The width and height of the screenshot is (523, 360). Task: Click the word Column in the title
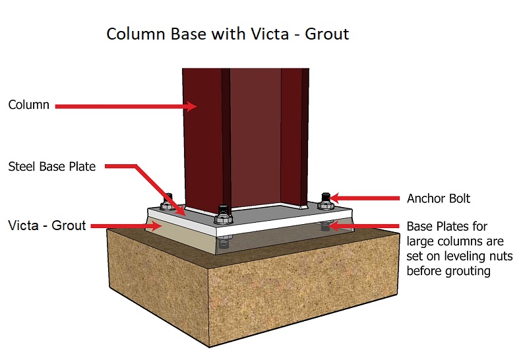pos(136,34)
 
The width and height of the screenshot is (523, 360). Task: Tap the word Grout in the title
pos(327,34)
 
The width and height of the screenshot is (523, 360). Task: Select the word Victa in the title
pos(270,34)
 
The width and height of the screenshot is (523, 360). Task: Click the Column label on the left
pos(28,105)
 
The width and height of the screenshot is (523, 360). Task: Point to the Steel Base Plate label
pos(51,166)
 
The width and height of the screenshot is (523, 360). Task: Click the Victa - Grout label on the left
pos(47,225)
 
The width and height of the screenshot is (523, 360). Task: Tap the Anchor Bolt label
pos(439,198)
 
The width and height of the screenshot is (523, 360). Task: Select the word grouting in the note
pos(468,271)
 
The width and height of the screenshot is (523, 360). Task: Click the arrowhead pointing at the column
pos(191,106)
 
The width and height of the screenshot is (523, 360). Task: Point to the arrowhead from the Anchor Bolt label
pos(334,198)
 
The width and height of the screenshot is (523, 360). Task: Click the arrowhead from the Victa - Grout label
pos(157,226)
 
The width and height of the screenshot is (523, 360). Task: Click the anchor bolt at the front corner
pos(223,215)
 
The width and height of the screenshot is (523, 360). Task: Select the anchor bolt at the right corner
pos(325,201)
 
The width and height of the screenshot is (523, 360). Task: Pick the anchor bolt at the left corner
pos(167,202)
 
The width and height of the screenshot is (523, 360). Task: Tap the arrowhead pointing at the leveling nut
pos(334,226)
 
